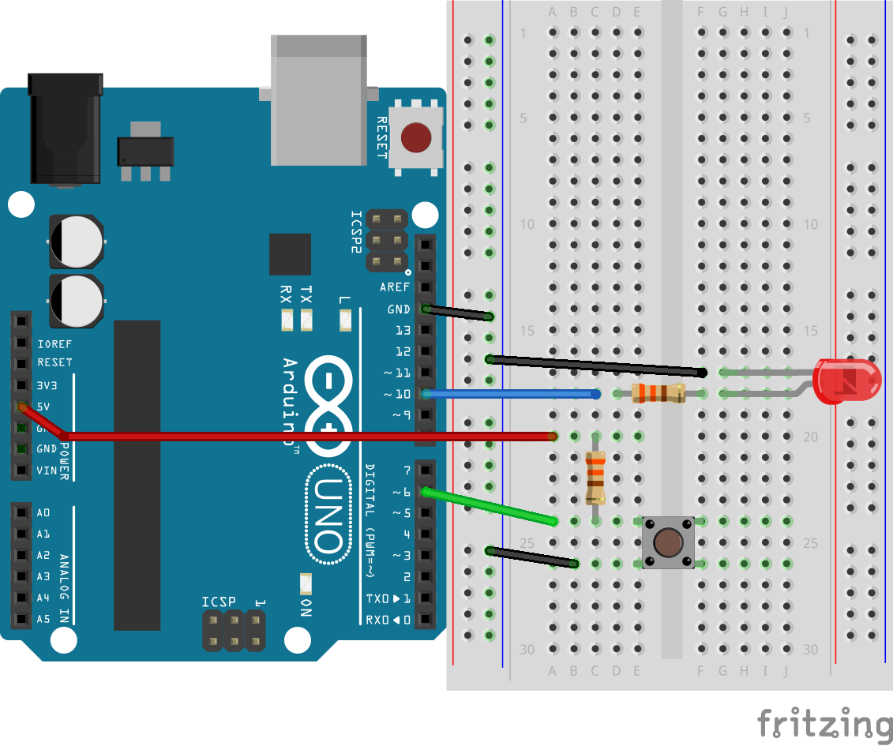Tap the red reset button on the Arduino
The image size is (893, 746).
pyautogui.click(x=416, y=138)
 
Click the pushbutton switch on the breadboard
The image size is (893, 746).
pyautogui.click(x=668, y=542)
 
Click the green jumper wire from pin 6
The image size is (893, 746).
pyautogui.click(x=490, y=506)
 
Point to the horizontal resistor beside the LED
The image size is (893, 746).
pyautogui.click(x=658, y=393)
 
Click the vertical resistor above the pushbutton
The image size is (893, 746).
pyautogui.click(x=595, y=477)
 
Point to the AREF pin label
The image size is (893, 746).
pyautogui.click(x=395, y=287)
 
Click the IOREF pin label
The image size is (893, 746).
pyautogui.click(x=54, y=344)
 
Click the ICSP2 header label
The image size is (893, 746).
pyautogui.click(x=357, y=232)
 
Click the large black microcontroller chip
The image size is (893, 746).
pyautogui.click(x=137, y=474)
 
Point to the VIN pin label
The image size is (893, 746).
pyautogui.click(x=47, y=470)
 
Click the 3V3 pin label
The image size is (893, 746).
pyautogui.click(x=47, y=386)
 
